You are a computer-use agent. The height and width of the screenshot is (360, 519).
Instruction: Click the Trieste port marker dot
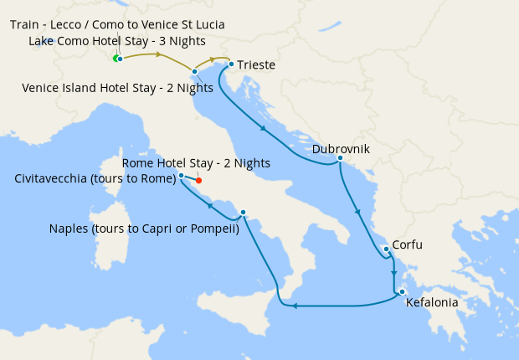pos(230,64)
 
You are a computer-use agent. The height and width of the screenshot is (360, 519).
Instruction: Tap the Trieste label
pos(256,65)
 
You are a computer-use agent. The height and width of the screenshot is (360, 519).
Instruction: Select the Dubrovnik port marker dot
pos(341,157)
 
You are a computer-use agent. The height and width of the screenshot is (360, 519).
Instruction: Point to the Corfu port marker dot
pos(386,249)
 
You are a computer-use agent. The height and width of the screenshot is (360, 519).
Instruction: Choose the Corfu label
pos(408,245)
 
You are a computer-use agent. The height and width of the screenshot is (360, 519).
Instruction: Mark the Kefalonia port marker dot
pos(402,291)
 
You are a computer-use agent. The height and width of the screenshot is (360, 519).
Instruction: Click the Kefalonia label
pos(431,303)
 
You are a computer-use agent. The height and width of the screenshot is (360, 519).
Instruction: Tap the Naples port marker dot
pos(243,213)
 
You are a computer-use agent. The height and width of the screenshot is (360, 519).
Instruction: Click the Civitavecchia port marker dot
pos(182,176)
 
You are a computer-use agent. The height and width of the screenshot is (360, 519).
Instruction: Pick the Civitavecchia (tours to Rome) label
pos(95,178)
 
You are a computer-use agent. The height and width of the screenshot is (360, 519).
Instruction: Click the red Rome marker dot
pos(198,180)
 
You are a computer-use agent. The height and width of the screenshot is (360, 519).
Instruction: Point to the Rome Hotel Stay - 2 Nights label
pos(196,162)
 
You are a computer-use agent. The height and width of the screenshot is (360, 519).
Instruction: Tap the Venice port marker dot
pos(194,72)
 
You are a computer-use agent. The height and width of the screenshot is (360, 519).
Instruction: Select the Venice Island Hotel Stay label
pos(129,86)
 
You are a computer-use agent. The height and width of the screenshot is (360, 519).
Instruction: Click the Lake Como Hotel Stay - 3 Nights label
pos(117,40)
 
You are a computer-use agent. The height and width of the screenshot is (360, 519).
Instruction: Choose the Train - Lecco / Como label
pos(117,24)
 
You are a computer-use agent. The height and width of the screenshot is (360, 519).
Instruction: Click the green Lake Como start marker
pos(116,58)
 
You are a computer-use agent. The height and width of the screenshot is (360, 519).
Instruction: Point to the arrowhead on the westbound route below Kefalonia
pos(295,305)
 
